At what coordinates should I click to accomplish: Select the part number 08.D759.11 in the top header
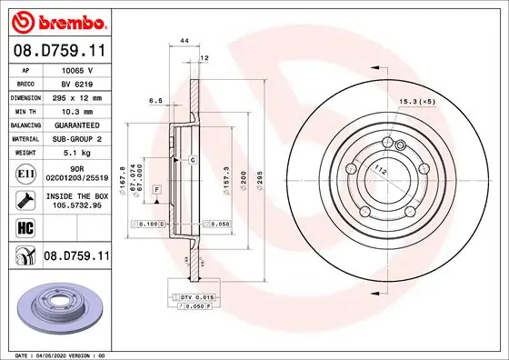coord(59,53)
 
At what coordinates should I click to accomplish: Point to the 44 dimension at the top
coord(185,43)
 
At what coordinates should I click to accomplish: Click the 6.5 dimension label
coord(155,102)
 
